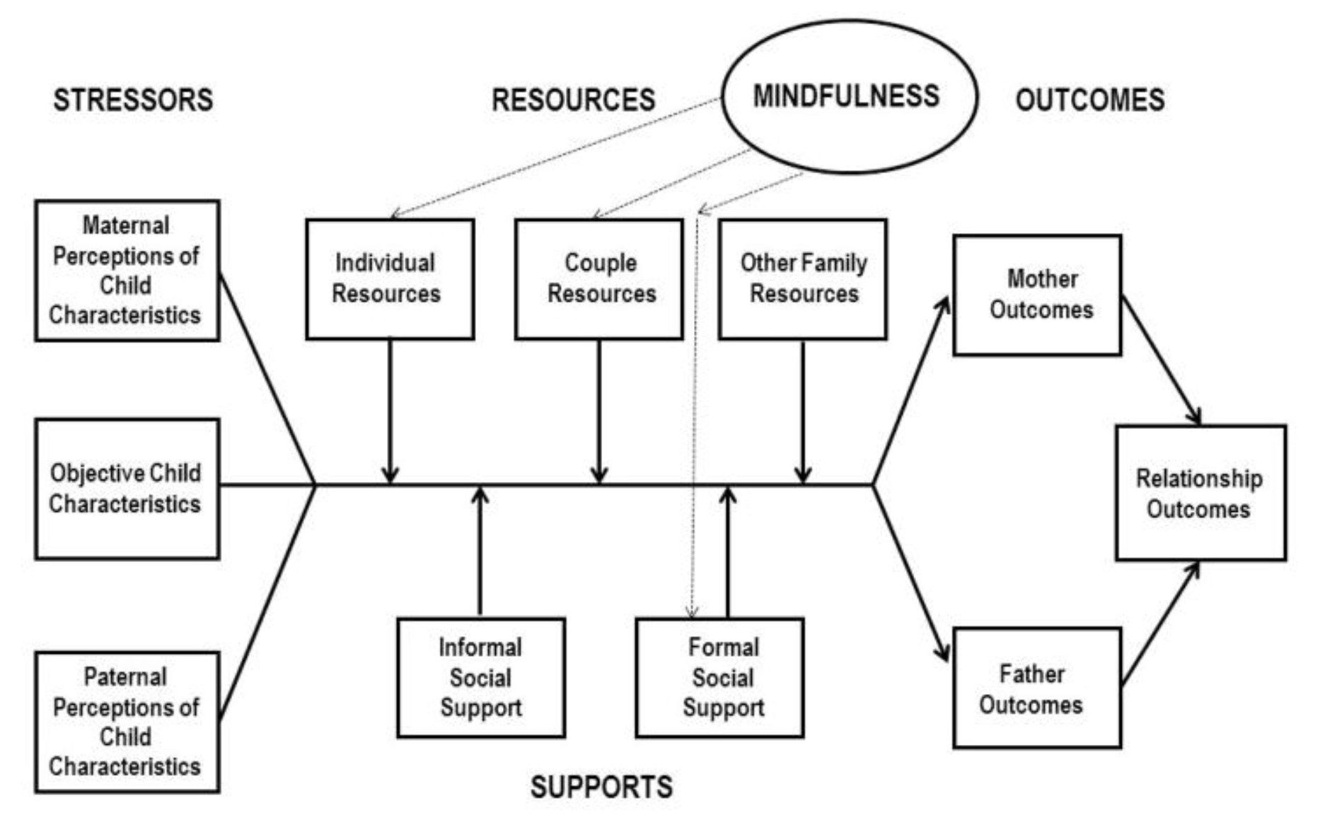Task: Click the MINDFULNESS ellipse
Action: [849, 96]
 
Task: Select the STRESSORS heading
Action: [133, 100]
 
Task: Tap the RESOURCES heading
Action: [573, 100]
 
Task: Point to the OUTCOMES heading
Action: [1090, 100]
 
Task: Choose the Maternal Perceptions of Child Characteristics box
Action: [127, 271]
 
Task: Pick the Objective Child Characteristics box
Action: [127, 489]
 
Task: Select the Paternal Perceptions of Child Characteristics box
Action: [127, 722]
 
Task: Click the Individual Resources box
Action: [390, 279]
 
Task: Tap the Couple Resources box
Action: [599, 279]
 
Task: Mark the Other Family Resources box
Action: [803, 279]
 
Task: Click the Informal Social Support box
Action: [481, 678]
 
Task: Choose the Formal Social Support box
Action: [720, 678]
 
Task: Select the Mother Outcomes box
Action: [1037, 295]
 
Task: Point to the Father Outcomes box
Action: [1037, 688]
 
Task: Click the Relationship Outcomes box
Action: [1200, 493]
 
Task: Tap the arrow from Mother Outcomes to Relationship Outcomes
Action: [1162, 360]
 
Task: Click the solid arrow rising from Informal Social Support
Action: [480, 551]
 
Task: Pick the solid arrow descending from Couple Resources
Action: [599, 410]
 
